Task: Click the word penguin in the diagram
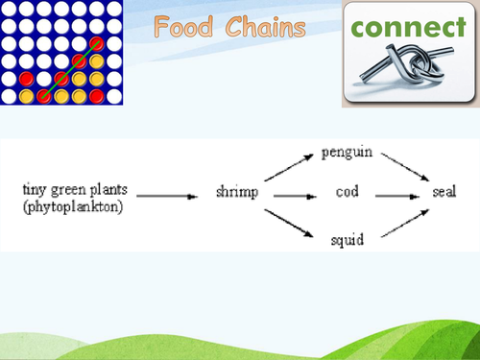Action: pos(347,152)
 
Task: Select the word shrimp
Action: pos(236,193)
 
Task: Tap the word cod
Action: pos(348,193)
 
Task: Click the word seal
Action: pos(444,193)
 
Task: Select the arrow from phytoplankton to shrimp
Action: pos(171,196)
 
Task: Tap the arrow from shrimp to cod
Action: pos(294,196)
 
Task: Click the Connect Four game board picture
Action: pos(62,52)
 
